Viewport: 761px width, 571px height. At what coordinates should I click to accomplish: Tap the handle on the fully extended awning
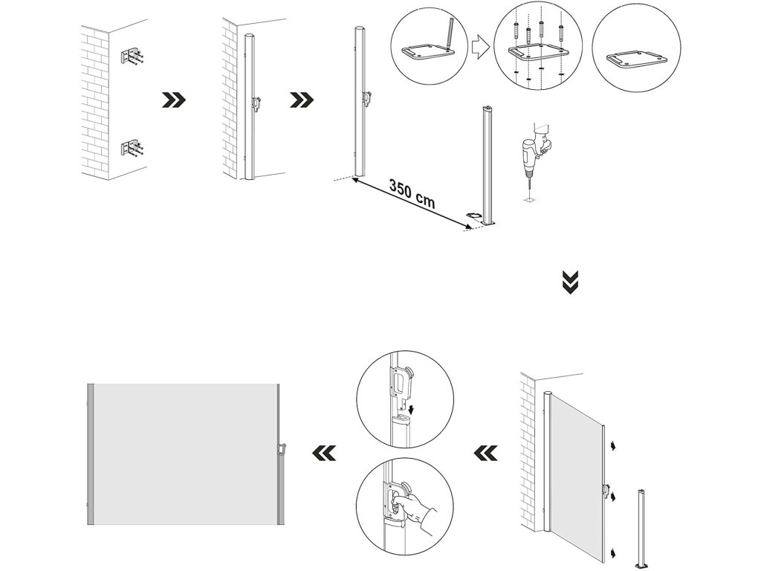point(282,451)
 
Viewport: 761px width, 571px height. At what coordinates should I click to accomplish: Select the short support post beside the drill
point(488,167)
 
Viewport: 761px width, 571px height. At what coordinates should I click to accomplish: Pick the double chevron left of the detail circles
point(323,451)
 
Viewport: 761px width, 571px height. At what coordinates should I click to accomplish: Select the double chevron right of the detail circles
point(485,451)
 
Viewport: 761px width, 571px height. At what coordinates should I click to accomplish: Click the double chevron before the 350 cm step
point(302,100)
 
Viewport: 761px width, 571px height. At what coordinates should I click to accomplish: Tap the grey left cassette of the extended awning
point(91,454)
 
